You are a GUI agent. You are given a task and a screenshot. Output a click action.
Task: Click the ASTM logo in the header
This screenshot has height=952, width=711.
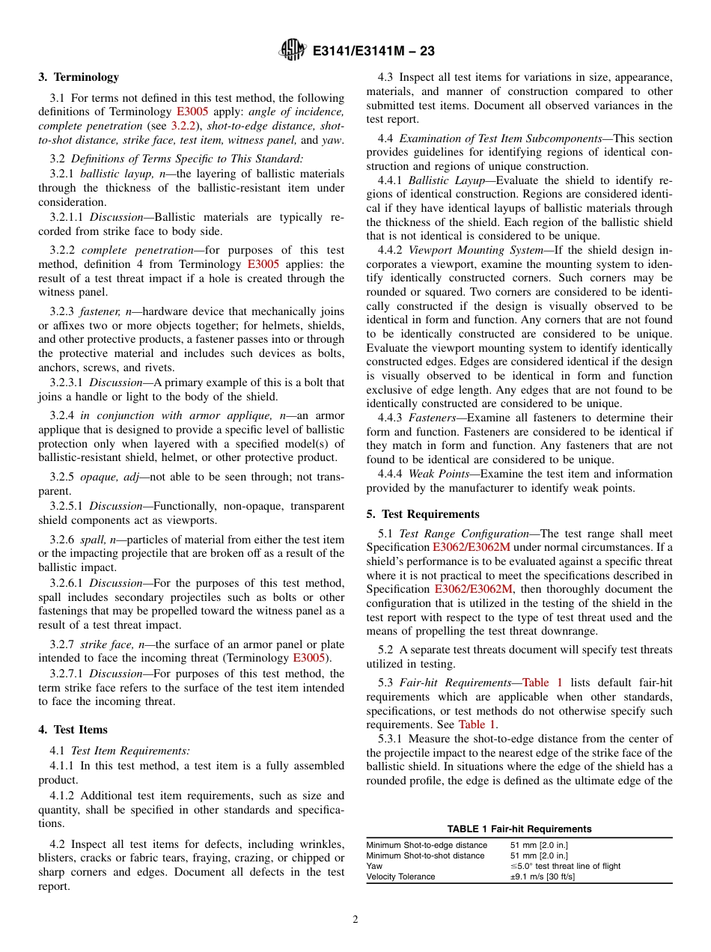(292, 51)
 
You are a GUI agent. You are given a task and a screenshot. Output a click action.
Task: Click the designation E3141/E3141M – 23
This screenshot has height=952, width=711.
(373, 52)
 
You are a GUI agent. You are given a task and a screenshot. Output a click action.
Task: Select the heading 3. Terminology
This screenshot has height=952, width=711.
(79, 77)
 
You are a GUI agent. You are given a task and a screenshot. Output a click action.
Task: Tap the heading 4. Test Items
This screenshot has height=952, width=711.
(73, 730)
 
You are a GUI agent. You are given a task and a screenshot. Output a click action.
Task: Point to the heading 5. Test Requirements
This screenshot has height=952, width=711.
(423, 514)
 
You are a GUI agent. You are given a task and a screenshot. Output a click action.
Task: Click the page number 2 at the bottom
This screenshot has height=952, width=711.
(355, 920)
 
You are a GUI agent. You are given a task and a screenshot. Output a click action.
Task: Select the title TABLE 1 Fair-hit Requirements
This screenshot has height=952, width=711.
(519, 829)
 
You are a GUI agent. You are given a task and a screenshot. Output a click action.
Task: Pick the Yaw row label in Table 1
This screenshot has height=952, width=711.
(374, 866)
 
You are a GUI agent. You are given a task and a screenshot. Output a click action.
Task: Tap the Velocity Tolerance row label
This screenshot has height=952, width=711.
(400, 876)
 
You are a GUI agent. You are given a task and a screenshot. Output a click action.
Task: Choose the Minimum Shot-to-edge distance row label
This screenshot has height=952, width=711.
(425, 845)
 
